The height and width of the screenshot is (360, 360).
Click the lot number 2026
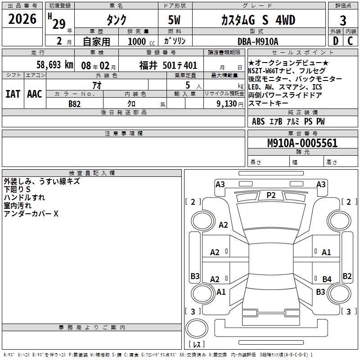pos(22,19)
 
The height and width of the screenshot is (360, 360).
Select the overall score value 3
pos(343,21)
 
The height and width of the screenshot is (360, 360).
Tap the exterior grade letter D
pos(335,41)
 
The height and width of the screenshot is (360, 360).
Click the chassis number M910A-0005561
pos(302,143)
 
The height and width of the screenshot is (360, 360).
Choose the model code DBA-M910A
pos(258,41)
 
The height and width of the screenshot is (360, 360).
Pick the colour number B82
pos(75,103)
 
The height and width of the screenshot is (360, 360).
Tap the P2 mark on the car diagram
pos(271,195)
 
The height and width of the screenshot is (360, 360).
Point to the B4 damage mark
pos(327,279)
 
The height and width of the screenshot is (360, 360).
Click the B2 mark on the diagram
pos(347,276)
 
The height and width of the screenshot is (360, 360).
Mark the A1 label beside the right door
pos(327,252)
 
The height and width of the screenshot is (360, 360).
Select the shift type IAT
pos(13,94)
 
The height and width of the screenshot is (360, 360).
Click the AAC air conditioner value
pos(35,94)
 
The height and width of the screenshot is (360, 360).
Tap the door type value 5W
pos(175,21)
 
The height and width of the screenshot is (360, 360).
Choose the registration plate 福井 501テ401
pos(168,66)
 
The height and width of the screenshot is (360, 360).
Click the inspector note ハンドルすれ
pos(24,198)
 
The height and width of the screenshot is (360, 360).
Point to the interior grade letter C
pos(351,41)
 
